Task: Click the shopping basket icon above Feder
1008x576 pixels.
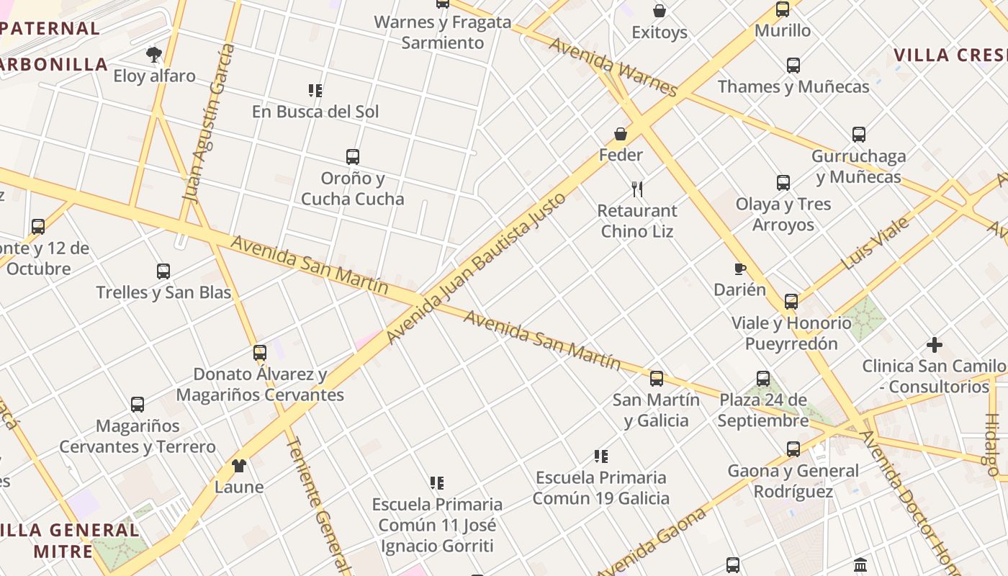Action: point(621,134)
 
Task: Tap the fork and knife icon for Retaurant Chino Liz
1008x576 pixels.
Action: point(637,189)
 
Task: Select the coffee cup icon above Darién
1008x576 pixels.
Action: point(739,269)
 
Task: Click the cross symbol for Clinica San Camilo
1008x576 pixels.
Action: point(935,345)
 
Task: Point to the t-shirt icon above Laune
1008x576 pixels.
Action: point(239,466)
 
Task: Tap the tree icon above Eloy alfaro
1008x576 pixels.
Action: point(153,54)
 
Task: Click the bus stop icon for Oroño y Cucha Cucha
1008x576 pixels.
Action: point(353,157)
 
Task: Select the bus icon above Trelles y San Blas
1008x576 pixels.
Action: point(163,271)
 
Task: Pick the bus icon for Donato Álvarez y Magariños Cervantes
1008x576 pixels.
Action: point(260,353)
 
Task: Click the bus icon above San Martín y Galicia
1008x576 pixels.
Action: point(657,379)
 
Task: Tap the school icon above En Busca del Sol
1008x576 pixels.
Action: point(315,91)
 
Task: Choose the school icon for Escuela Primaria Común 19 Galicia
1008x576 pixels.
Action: point(601,456)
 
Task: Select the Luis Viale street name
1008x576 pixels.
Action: point(876,243)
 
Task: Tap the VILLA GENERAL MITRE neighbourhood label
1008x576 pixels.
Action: point(70,541)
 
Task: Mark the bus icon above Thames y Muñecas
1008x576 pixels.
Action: point(793,66)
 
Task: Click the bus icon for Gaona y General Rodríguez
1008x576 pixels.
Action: point(793,449)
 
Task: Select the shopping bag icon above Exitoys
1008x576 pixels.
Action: point(660,11)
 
